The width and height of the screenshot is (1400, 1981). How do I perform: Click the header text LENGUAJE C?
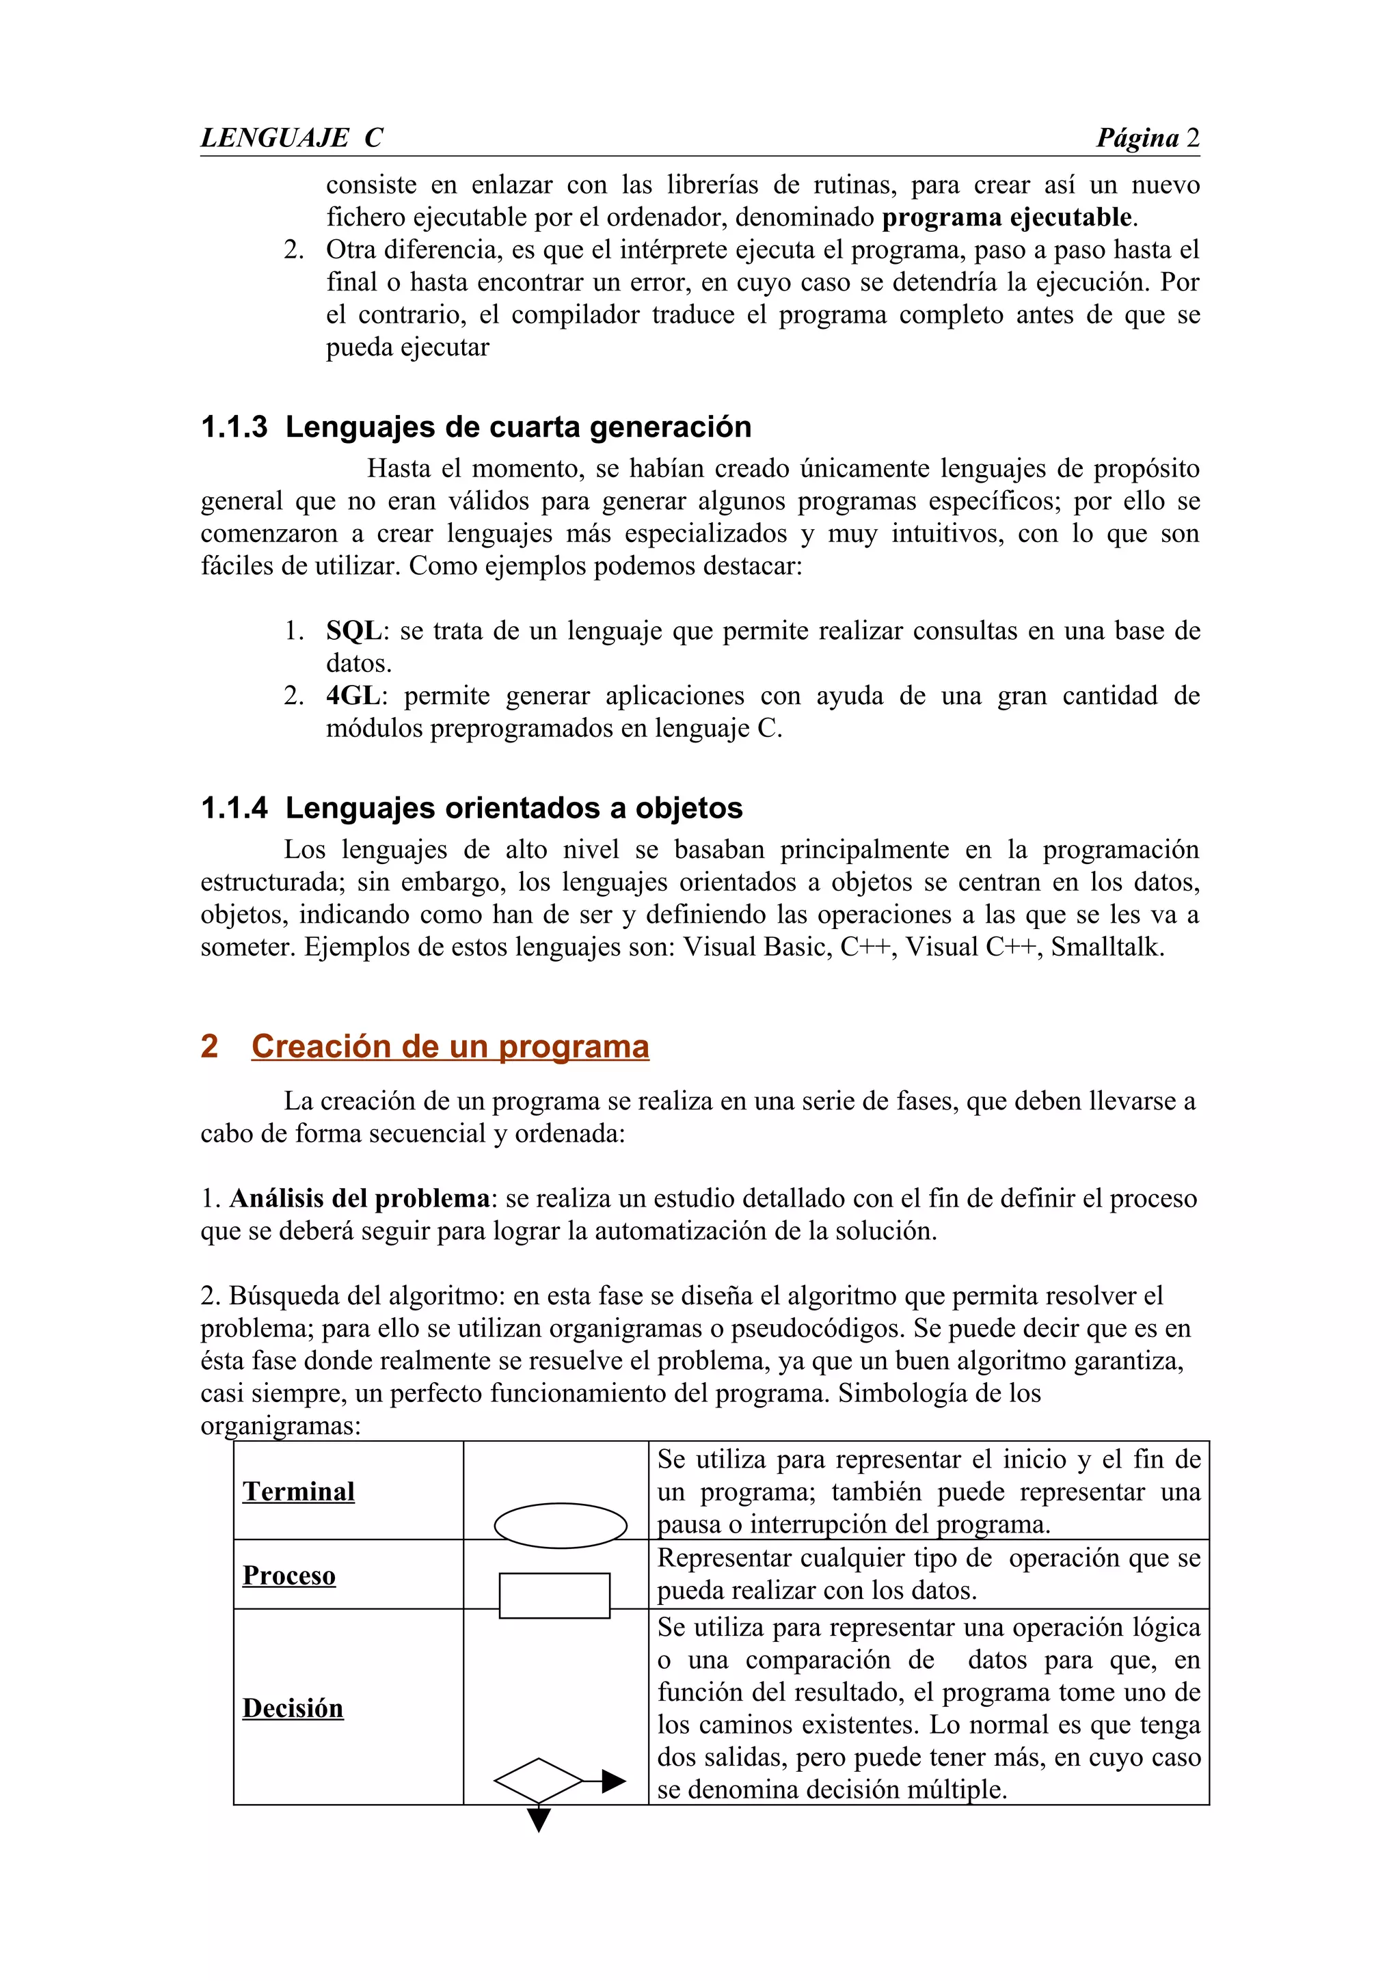[x=292, y=138]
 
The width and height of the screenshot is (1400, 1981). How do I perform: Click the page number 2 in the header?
[x=1192, y=138]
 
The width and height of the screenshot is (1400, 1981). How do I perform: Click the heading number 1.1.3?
[x=234, y=427]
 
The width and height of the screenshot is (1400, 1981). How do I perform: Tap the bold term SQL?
[x=353, y=631]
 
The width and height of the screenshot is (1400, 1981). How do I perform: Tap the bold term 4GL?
[x=352, y=695]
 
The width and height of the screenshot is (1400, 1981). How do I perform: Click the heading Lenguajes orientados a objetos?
[x=513, y=809]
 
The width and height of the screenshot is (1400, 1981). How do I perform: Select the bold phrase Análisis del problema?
[x=359, y=1198]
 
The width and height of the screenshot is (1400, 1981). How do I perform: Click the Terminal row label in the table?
[x=299, y=1492]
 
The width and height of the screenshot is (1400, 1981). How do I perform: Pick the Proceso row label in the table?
[x=289, y=1576]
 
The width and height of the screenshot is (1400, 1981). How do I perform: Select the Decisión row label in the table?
[x=293, y=1708]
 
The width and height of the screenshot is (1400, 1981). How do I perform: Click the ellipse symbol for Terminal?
[x=560, y=1526]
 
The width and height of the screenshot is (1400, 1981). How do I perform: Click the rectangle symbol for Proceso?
[x=554, y=1595]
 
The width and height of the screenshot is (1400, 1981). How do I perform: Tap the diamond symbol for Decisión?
[x=538, y=1780]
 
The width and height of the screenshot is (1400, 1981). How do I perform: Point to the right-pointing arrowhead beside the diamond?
[x=613, y=1781]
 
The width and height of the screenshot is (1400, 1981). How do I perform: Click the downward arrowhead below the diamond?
[x=538, y=1820]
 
